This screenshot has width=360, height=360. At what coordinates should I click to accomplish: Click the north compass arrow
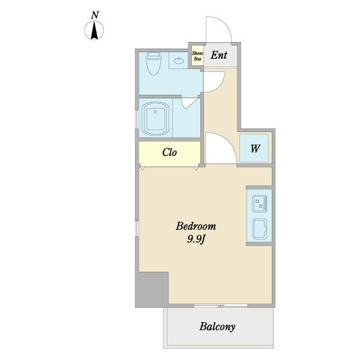point(94,30)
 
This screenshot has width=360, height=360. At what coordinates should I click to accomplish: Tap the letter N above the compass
point(95,15)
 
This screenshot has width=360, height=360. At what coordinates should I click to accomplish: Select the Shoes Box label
point(197,56)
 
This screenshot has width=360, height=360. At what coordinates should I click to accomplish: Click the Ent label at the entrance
point(219,55)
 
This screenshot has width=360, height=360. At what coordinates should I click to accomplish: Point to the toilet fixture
point(154,64)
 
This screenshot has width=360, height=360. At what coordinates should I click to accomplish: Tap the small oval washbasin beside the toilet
point(179,61)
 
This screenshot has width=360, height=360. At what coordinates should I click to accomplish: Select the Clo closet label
point(169,152)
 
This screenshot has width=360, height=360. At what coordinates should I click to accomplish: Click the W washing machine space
point(254,148)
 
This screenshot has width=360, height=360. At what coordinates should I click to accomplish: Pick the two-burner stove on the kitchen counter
point(259,203)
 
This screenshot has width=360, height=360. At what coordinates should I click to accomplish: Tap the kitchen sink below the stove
point(260,229)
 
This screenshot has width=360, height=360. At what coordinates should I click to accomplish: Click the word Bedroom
point(196,226)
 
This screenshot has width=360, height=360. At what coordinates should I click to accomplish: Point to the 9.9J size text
point(196,239)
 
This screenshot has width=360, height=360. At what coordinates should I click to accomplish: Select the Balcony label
point(217,326)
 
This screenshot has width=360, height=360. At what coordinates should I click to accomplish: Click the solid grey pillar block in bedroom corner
point(152,289)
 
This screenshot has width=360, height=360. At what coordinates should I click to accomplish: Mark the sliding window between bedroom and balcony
point(220,305)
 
